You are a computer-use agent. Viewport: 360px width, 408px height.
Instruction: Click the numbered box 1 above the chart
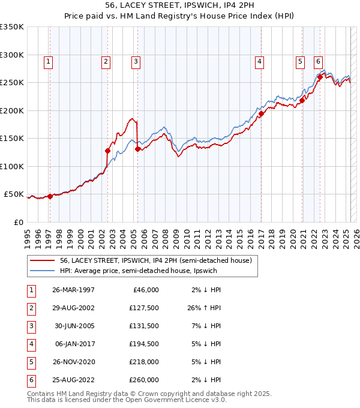47,61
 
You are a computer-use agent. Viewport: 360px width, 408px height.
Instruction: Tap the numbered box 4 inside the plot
259,61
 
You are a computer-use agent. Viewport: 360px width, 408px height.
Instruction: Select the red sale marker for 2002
108,151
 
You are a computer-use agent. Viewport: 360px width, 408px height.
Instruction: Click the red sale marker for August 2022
320,77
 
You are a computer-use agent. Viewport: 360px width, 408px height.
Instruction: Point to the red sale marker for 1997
50,196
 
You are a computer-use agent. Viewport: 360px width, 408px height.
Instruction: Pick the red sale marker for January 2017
262,113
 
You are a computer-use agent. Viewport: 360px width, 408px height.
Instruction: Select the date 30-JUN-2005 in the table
74,326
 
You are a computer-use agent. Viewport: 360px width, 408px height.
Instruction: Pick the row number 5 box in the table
30,362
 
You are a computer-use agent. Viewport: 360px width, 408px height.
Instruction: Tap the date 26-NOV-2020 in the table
74,362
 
